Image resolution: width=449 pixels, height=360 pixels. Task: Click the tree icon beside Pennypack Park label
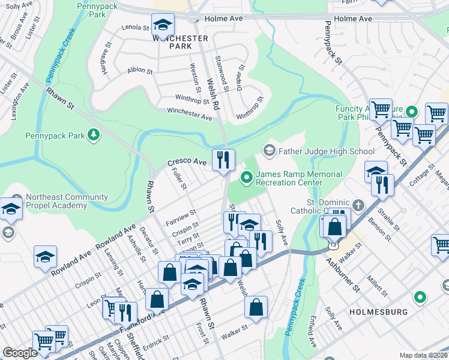point(93,135)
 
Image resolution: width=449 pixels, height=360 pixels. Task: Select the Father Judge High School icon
point(269,150)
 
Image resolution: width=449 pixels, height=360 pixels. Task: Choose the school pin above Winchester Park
point(161,26)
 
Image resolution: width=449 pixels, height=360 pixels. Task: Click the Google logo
point(20,353)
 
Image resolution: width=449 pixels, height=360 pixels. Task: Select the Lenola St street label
point(134,28)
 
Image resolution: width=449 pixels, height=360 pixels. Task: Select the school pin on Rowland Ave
point(45,257)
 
